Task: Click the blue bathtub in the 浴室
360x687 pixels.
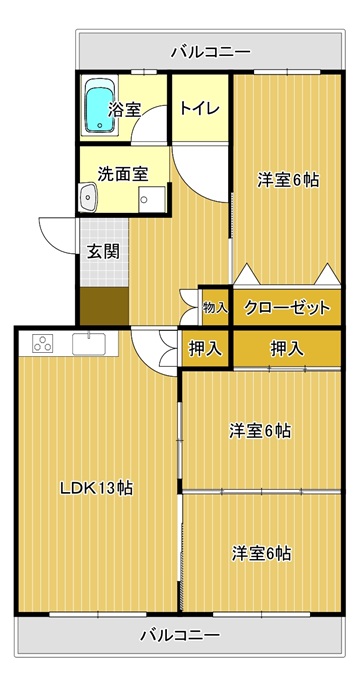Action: tap(98, 108)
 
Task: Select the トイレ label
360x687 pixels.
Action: tap(198, 107)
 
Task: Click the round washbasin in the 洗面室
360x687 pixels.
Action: tap(88, 198)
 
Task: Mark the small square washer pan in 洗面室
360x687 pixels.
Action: tap(152, 199)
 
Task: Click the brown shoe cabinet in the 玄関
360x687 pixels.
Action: tap(103, 303)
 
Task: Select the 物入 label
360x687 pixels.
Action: tap(215, 308)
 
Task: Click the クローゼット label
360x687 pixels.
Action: tap(286, 308)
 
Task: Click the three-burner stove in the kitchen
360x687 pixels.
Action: tap(44, 343)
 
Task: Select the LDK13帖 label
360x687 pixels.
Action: tap(96, 489)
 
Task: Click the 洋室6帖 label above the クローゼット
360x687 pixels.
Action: tap(288, 181)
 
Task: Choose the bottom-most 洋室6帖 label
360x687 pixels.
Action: tap(261, 553)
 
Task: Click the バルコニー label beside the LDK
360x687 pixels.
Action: tap(180, 634)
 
